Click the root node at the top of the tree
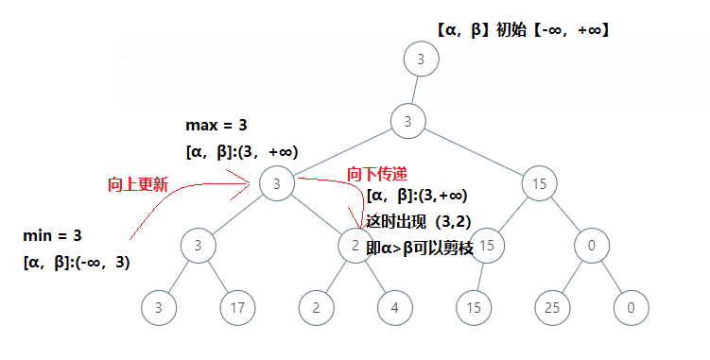pyautogui.click(x=420, y=59)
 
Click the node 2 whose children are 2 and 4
pyautogui.click(x=354, y=245)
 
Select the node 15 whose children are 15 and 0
pyautogui.click(x=539, y=183)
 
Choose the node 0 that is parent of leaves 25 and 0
pyautogui.click(x=591, y=245)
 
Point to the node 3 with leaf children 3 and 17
pyautogui.click(x=197, y=245)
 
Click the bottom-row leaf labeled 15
pyautogui.click(x=473, y=306)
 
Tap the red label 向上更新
pyautogui.click(x=138, y=185)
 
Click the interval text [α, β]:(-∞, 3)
pyautogui.click(x=76, y=263)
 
